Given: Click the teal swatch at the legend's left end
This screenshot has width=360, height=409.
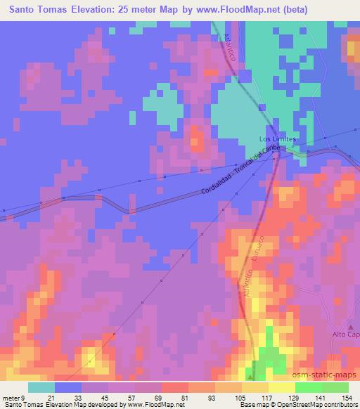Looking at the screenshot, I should (x=41, y=387).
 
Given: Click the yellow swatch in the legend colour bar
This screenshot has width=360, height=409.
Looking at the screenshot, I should (x=281, y=387).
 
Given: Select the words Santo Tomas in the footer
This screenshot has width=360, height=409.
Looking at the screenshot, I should (x=24, y=404).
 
